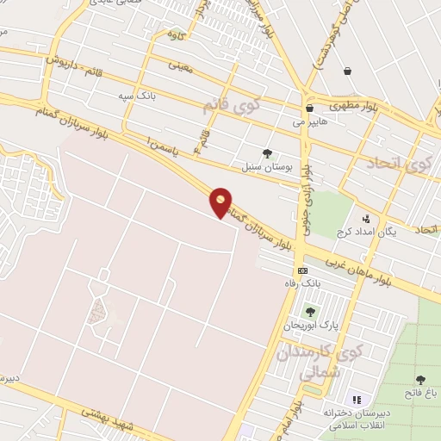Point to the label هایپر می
coord(310,122)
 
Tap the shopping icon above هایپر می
coord(309,109)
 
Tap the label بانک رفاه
coord(302,283)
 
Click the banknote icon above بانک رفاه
coord(302,270)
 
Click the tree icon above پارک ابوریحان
coord(310,312)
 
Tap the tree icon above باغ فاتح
coord(420,380)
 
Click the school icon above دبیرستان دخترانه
coord(357,399)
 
